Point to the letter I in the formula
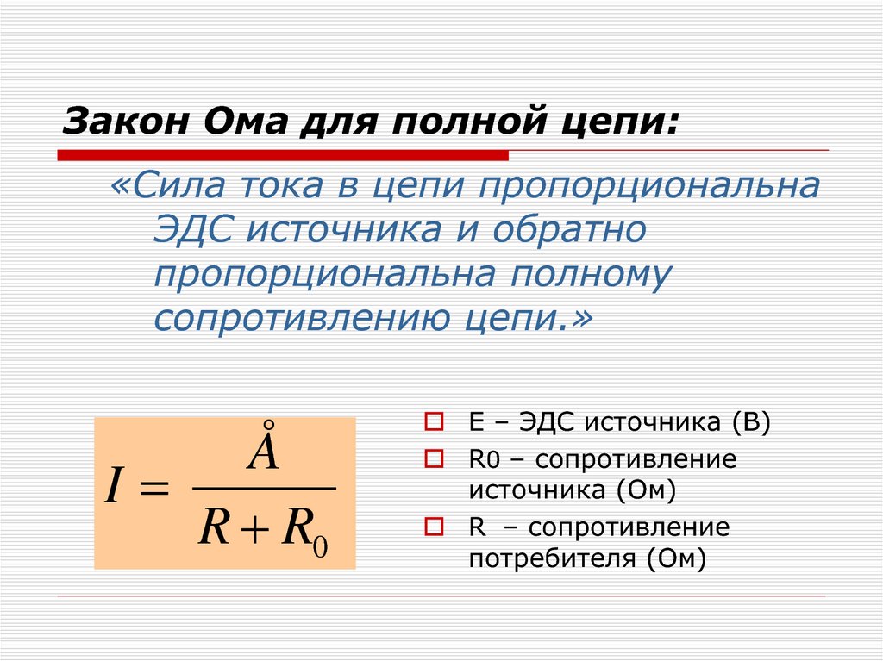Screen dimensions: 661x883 pyautogui.click(x=111, y=489)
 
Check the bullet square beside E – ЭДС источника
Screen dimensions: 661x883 pyautogui.click(x=435, y=423)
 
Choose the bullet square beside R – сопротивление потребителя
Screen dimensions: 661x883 pyautogui.click(x=435, y=527)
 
